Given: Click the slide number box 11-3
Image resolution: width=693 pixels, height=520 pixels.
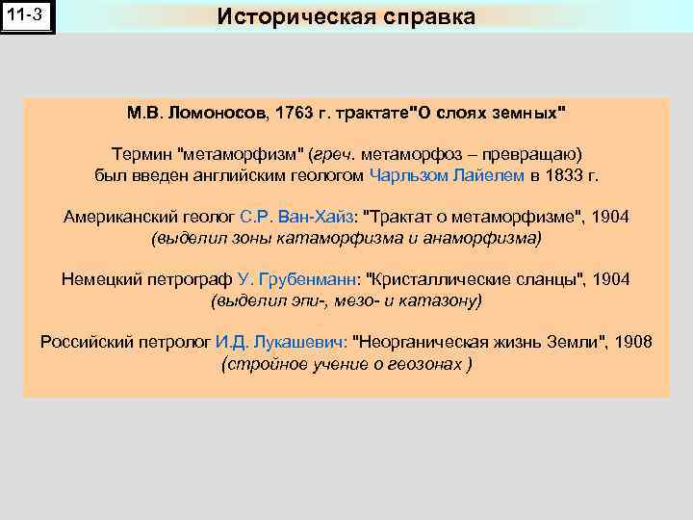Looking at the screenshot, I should click(28, 16).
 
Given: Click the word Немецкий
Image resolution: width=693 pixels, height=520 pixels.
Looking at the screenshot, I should click(100, 279).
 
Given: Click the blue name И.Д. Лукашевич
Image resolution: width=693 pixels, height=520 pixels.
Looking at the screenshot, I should click(281, 342).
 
